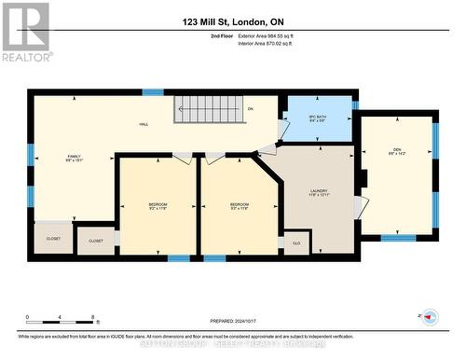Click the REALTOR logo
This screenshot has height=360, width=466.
tap(25, 32)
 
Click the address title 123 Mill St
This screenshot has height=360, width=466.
tap(232, 21)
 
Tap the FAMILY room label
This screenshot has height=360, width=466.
tap(75, 159)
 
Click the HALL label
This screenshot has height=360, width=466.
tap(144, 124)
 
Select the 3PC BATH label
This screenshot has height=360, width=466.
tap(317, 118)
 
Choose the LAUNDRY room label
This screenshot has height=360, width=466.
tap(319, 193)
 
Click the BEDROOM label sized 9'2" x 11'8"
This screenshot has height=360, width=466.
tap(158, 207)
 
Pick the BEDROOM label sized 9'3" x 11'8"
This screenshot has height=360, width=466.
tap(240, 207)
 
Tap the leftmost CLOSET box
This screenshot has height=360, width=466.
tap(53, 238)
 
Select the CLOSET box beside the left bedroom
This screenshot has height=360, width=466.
tap(96, 241)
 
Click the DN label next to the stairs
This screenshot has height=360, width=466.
tap(251, 109)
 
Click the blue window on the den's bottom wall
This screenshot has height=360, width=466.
tap(398, 237)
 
